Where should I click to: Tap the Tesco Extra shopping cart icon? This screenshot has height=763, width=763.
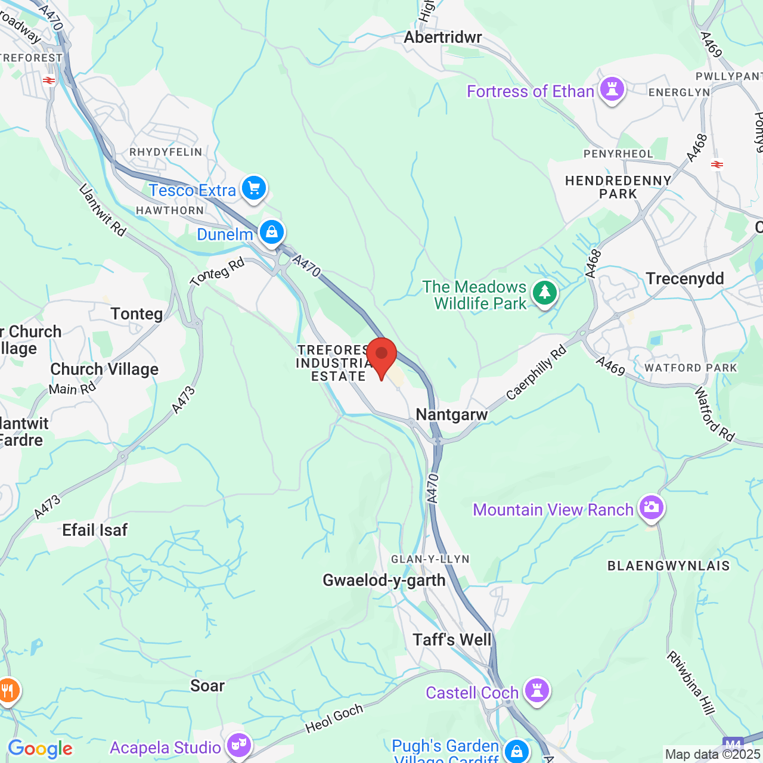pyautogui.click(x=254, y=188)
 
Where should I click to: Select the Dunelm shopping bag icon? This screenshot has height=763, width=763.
pyautogui.click(x=272, y=232)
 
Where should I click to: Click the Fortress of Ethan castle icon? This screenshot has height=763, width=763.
pyautogui.click(x=612, y=89)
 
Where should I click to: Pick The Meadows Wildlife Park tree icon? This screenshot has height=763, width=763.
pyautogui.click(x=544, y=293)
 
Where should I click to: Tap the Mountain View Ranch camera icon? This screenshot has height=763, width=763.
pyautogui.click(x=651, y=508)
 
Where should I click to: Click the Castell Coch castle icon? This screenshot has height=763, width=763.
pyautogui.click(x=537, y=690)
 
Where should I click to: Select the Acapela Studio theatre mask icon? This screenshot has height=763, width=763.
pyautogui.click(x=238, y=745)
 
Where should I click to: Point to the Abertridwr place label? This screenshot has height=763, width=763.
pyautogui.click(x=443, y=38)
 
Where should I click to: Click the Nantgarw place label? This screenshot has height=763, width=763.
pyautogui.click(x=452, y=414)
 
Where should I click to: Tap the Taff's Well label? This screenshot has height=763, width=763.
pyautogui.click(x=452, y=640)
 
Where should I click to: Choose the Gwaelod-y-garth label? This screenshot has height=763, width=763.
pyautogui.click(x=384, y=580)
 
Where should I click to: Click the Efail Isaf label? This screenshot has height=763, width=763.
pyautogui.click(x=95, y=530)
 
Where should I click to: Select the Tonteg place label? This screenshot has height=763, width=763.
pyautogui.click(x=137, y=314)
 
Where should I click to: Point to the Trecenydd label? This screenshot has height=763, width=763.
pyautogui.click(x=685, y=278)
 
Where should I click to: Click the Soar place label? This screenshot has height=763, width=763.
pyautogui.click(x=207, y=686)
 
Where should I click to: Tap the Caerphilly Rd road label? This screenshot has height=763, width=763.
pyautogui.click(x=536, y=373)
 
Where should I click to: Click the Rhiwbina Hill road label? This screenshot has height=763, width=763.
pyautogui.click(x=691, y=683)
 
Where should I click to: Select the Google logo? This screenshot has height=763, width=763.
pyautogui.click(x=40, y=749)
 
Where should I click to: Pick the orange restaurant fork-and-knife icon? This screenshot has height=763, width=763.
pyautogui.click(x=8, y=691)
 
